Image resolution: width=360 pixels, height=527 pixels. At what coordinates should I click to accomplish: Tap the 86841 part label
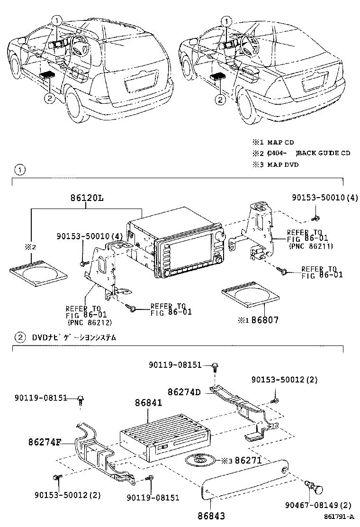click(148, 403)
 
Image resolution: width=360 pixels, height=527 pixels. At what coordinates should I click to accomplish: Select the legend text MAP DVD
click(283, 164)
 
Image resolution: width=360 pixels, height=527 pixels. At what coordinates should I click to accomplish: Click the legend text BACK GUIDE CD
click(324, 153)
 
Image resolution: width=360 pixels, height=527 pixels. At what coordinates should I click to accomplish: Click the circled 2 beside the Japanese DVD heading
click(20, 338)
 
